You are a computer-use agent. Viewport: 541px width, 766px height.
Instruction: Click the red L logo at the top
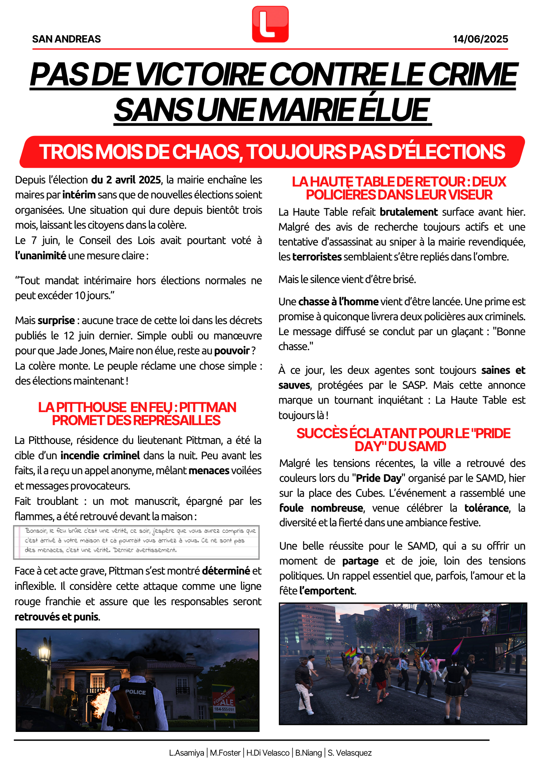tap(270, 24)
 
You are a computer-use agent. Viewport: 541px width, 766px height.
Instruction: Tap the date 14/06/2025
tap(480, 39)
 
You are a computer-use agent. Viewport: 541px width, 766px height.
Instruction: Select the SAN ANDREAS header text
tap(67, 39)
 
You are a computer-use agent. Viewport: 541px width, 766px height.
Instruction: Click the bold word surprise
tap(56, 320)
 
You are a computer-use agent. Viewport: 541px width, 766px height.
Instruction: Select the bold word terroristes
tap(317, 257)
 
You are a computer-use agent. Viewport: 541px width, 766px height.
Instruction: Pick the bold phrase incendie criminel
tap(100, 455)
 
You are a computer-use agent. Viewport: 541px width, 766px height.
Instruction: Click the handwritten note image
tap(136, 542)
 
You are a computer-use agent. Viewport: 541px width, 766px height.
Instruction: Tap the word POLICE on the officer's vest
tap(135, 692)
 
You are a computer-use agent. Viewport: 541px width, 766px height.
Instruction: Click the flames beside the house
tap(101, 697)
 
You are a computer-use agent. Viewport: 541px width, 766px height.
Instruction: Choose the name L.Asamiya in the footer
tap(186, 753)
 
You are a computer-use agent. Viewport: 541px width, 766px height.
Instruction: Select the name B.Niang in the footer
tap(308, 753)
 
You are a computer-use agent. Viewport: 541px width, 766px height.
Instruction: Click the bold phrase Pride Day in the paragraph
tap(379, 478)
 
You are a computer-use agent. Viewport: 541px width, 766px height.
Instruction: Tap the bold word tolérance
tap(486, 508)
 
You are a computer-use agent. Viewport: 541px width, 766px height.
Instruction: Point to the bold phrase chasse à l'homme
tap(339, 302)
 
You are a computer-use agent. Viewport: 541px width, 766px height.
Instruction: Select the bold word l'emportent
tap(327, 591)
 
